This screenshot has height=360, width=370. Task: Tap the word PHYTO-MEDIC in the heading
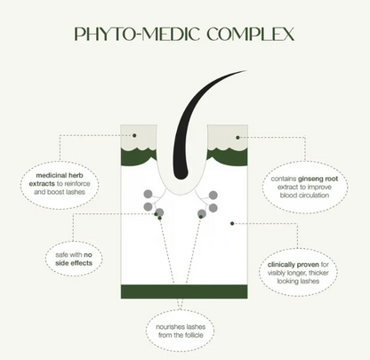(137, 34)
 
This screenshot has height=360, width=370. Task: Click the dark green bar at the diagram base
(184, 292)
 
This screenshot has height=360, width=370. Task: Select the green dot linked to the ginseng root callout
(237, 138)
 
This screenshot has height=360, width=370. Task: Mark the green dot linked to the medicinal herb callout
(134, 135)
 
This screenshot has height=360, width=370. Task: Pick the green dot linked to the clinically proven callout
(232, 223)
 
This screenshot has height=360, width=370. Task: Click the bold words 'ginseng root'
(318, 179)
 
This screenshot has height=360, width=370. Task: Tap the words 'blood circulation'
(304, 196)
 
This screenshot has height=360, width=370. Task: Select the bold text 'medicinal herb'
(60, 175)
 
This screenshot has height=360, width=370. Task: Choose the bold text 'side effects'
(74, 263)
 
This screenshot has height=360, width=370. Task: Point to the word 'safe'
(62, 255)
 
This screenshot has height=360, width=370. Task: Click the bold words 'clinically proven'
(294, 265)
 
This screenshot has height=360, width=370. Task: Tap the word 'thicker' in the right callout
(318, 273)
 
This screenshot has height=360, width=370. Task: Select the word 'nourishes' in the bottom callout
(168, 327)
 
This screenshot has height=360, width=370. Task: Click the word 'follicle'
(193, 335)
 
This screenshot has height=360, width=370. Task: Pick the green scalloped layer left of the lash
(139, 156)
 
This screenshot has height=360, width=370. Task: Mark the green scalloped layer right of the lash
(228, 156)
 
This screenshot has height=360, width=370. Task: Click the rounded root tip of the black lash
(181, 175)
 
